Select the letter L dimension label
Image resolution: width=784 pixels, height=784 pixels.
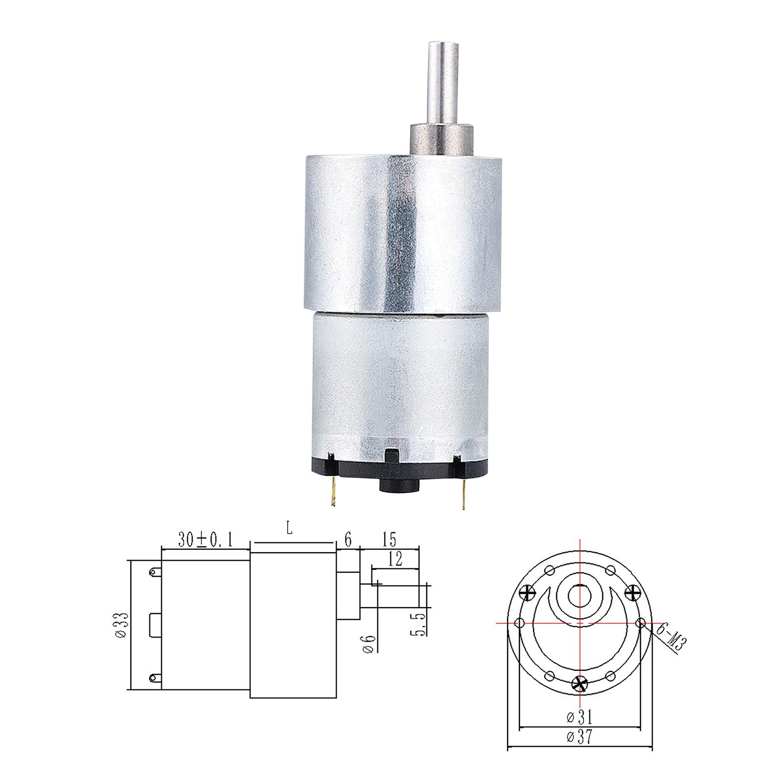click(290, 530)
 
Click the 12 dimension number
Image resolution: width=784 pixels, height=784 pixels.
click(395, 559)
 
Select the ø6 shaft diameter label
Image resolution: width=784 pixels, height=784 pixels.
click(370, 643)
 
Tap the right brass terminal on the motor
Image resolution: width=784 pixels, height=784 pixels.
click(461, 496)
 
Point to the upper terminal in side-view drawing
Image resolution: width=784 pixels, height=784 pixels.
click(155, 571)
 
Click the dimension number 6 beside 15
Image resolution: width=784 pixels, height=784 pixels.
click(348, 540)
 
